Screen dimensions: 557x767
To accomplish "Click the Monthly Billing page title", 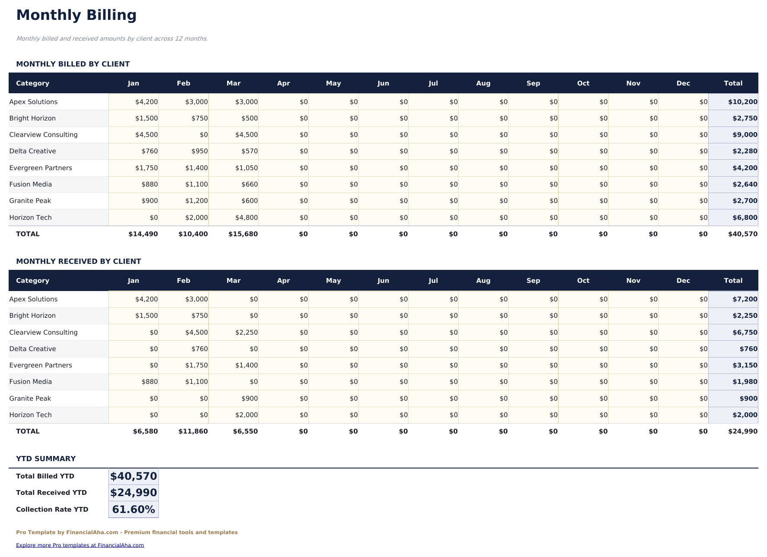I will (x=76, y=15).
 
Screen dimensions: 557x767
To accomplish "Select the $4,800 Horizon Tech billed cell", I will (x=246, y=218).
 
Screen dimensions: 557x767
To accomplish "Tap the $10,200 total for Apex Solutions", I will (x=742, y=102).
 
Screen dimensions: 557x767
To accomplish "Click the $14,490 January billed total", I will (x=143, y=234).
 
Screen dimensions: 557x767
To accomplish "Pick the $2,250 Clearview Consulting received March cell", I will (x=246, y=332).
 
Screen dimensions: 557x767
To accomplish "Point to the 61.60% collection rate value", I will (x=133, y=510).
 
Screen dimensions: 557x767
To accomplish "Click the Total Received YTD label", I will (x=51, y=493).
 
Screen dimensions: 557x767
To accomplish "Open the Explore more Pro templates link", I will (x=80, y=545).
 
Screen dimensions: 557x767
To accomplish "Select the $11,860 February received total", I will (x=193, y=431).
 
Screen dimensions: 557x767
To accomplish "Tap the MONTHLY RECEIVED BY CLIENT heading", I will (x=79, y=261).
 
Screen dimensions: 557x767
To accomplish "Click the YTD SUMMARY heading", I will (x=46, y=459).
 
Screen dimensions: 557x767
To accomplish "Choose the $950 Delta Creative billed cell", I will (x=200, y=151).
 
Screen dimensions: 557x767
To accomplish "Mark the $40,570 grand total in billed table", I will (x=742, y=234).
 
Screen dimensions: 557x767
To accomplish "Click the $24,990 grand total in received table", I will (x=742, y=431).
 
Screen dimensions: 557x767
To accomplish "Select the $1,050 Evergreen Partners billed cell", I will (x=246, y=168).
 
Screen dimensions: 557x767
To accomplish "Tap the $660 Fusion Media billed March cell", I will (x=250, y=184).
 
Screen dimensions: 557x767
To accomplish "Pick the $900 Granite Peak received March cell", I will (x=250, y=399).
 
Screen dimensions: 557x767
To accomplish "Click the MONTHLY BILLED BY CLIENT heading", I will (x=73, y=64).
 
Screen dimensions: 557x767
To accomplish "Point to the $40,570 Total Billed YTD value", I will (x=133, y=476).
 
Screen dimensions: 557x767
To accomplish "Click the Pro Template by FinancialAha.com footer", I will (x=127, y=532).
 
